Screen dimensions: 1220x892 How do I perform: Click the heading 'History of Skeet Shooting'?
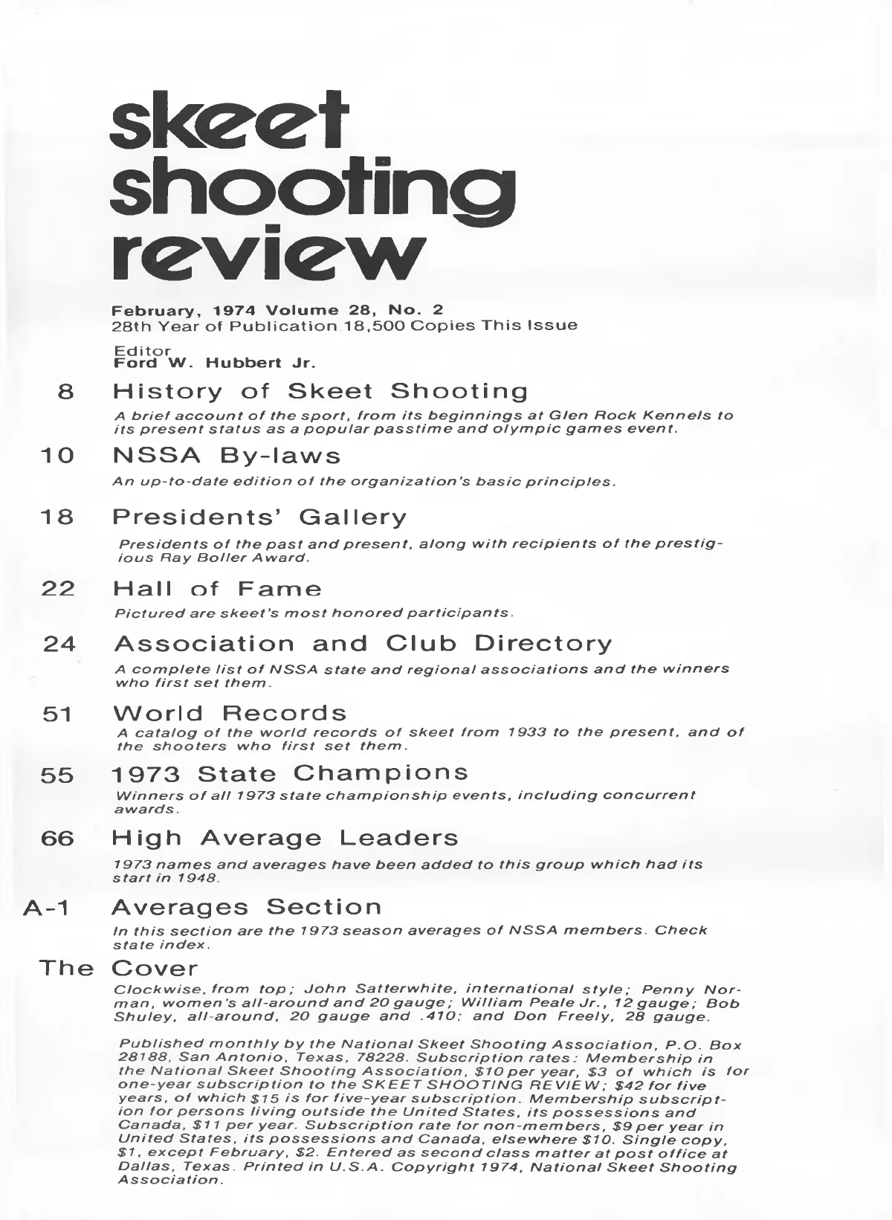[x=320, y=391]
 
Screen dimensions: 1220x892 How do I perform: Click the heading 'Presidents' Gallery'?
[x=259, y=517]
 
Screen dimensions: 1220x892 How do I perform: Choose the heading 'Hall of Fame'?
[x=217, y=590]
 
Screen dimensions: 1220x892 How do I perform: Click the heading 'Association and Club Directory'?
[x=363, y=643]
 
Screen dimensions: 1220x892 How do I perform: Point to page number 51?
[x=56, y=714]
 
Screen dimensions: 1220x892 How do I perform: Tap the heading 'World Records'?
[x=230, y=713]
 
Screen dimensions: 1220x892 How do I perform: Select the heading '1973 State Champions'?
[x=290, y=773]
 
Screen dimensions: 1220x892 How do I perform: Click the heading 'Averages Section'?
[x=246, y=907]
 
